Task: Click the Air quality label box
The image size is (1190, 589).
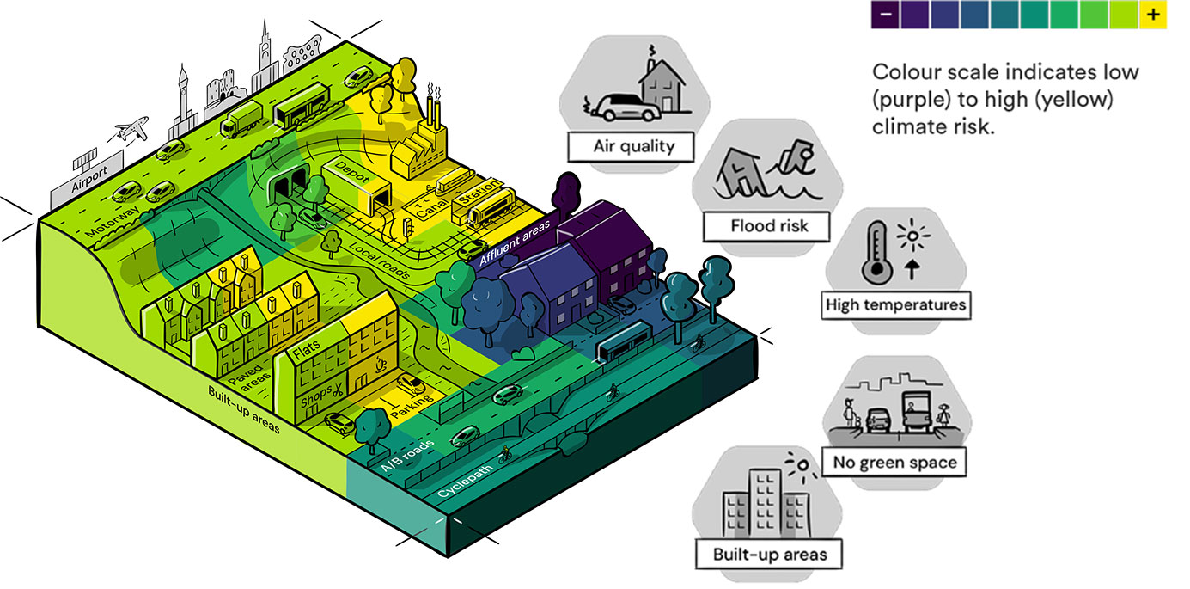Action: coord(633,145)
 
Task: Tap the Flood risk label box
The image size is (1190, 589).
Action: coord(768,226)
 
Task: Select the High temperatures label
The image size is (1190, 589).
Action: coord(895,304)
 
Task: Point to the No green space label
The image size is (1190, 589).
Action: coord(894,463)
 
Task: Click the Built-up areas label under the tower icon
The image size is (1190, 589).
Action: coord(769,554)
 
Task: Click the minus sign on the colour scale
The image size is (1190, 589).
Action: coord(885,15)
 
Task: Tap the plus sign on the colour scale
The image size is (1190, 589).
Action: coord(1152,15)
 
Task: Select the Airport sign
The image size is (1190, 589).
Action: coord(88,181)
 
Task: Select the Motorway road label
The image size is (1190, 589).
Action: coord(107,221)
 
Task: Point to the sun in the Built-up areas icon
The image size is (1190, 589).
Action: coord(802,467)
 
